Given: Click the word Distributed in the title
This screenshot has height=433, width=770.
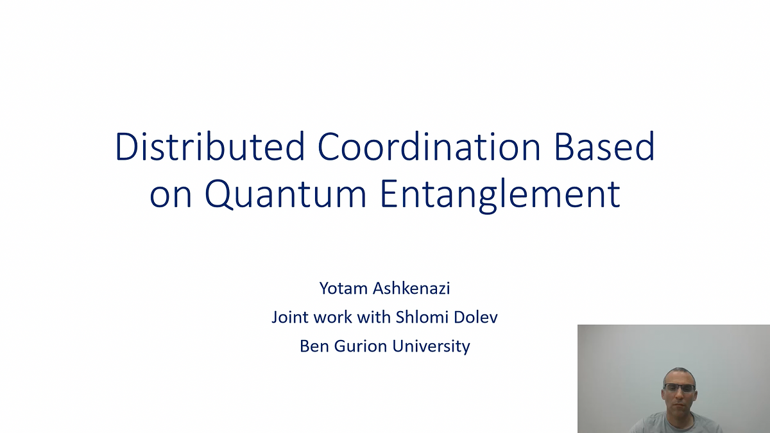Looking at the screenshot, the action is (x=210, y=146).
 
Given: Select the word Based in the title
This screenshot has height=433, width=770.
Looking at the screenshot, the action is (x=604, y=146).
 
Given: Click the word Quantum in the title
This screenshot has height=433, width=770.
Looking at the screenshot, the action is (x=286, y=194).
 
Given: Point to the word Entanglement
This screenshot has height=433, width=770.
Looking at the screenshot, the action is (x=501, y=195).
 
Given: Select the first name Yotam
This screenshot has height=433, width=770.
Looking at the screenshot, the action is (x=343, y=288).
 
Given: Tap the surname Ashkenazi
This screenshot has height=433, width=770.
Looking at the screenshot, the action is (x=411, y=288).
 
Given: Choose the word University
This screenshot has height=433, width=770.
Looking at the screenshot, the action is (x=431, y=346).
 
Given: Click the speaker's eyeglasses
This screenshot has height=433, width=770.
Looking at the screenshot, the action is (x=680, y=388).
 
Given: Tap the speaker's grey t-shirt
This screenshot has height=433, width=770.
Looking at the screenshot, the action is (x=676, y=425).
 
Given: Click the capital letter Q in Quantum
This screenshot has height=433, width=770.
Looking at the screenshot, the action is (x=219, y=194).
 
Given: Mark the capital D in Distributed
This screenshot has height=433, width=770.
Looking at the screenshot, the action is (x=127, y=146).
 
